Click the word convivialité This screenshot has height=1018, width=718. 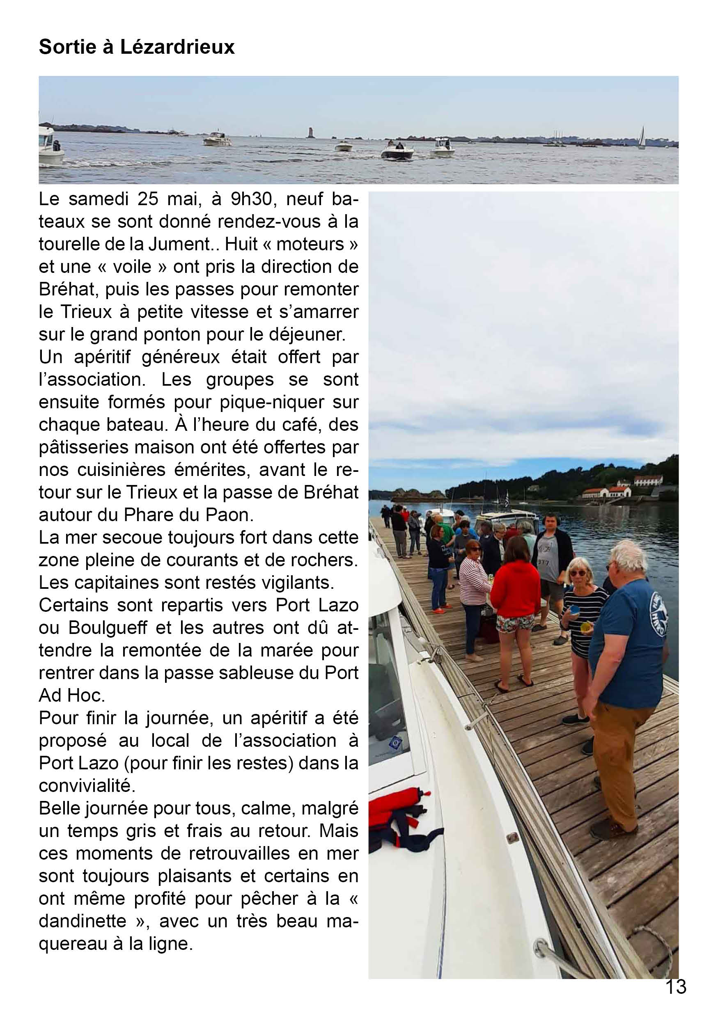point(87,785)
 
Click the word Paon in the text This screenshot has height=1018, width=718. point(233,514)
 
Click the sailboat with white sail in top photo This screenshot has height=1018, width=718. point(641,137)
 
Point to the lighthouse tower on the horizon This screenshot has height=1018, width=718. point(310,133)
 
